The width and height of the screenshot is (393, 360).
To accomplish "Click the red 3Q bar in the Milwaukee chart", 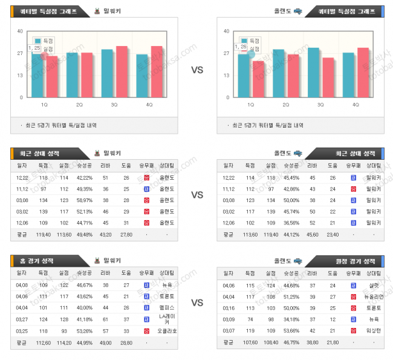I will [x=122, y=71].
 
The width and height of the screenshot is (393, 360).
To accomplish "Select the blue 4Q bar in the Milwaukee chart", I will [x=142, y=76].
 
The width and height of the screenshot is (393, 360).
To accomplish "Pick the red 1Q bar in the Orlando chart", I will [x=258, y=79].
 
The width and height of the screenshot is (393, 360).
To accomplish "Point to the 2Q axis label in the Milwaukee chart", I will [x=80, y=105].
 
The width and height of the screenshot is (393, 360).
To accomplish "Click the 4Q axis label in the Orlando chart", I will [x=356, y=105].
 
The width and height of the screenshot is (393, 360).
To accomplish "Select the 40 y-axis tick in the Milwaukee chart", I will [x=21, y=31].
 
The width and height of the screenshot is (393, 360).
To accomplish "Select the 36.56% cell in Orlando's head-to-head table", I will [x=291, y=222].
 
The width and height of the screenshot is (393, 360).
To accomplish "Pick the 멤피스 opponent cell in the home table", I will [x=167, y=308].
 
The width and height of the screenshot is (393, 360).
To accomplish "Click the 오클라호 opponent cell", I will [x=167, y=331].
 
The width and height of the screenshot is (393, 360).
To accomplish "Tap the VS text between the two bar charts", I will [x=197, y=70].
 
